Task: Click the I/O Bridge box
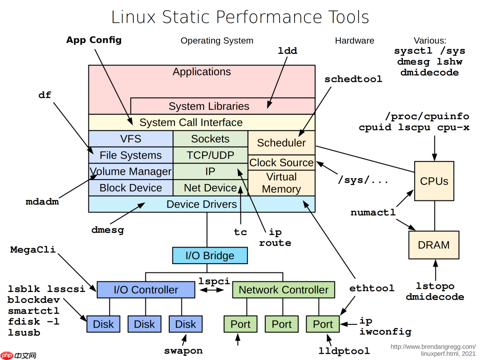[210, 256]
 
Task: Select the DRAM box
[434, 245]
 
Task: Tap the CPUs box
[434, 181]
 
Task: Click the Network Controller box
[283, 290]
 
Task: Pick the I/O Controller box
[146, 290]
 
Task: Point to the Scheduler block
[281, 143]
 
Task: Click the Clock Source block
[281, 163]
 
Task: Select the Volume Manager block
[131, 172]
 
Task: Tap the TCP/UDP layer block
[210, 155]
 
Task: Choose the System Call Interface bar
[202, 122]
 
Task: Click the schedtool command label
[353, 79]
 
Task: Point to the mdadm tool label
[42, 202]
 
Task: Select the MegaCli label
[33, 249]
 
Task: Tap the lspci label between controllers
[214, 281]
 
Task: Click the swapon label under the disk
[183, 351]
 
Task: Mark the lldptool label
[344, 351]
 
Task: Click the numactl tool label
[373, 212]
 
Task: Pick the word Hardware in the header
[354, 40]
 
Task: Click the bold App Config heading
[94, 40]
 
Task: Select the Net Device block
[210, 188]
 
